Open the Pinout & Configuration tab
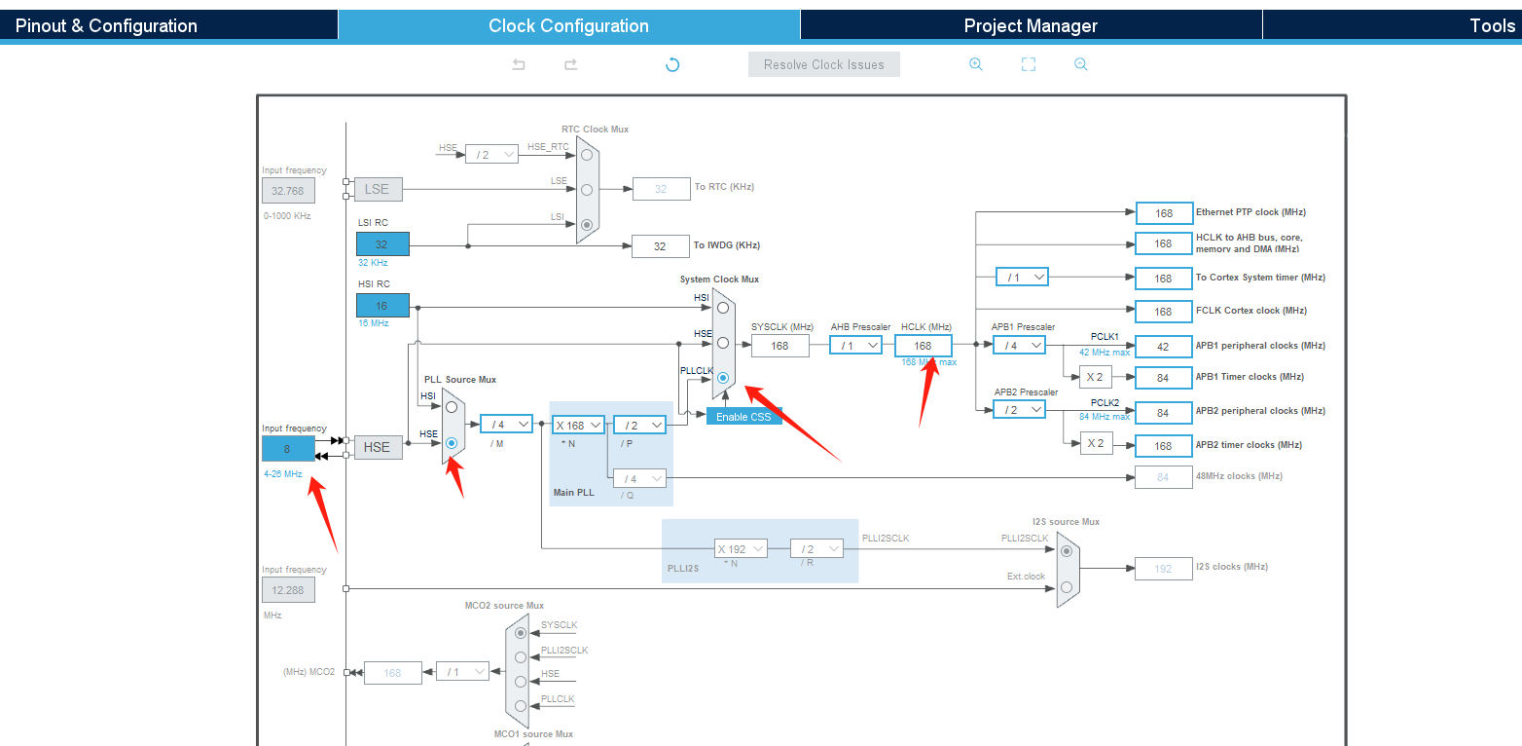[106, 25]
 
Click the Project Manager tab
[1030, 25]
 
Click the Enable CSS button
[743, 417]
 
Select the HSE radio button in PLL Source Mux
[452, 442]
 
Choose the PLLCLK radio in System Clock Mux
[723, 378]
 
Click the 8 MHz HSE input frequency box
[288, 448]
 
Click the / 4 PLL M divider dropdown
[506, 424]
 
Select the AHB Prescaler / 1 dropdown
[855, 345]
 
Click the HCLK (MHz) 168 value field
[923, 345]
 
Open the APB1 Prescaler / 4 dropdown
[1019, 345]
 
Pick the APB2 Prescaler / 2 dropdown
[1019, 410]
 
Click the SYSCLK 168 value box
[779, 345]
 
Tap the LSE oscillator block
[378, 189]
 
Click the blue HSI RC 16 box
[382, 305]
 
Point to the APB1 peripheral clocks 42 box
[1163, 346]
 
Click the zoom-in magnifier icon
[975, 64]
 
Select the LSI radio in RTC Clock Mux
[586, 225]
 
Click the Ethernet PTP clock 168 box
[1163, 213]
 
